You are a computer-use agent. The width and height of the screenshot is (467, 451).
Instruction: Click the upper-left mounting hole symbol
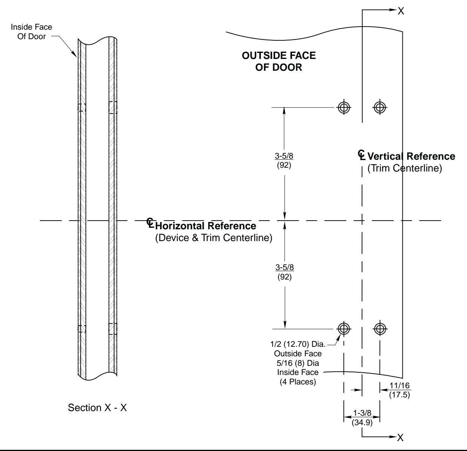click(344, 107)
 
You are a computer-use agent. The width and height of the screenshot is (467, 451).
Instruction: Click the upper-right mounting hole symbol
click(380, 107)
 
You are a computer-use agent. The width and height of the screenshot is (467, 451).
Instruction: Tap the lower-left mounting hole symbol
click(344, 329)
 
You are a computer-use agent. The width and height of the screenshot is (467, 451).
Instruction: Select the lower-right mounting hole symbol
click(380, 329)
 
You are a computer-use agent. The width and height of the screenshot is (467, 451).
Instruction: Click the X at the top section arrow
click(401, 11)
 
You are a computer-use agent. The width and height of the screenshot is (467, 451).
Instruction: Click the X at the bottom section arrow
click(400, 438)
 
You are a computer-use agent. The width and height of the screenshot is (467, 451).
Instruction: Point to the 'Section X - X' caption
click(97, 408)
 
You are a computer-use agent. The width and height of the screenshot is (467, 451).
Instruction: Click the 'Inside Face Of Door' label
click(32, 32)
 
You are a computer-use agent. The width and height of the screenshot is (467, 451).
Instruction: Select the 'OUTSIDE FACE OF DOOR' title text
click(279, 61)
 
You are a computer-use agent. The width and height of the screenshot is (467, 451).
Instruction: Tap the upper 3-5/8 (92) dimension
click(284, 160)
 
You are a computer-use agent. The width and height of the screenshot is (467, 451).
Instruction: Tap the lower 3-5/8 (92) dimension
click(285, 272)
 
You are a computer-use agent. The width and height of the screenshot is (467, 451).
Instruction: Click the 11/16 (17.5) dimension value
click(400, 390)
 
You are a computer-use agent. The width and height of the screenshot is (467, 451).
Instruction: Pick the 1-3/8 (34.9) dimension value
click(362, 418)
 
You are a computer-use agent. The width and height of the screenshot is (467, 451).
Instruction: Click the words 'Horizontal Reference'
click(206, 226)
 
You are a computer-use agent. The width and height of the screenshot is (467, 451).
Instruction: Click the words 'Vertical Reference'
click(411, 156)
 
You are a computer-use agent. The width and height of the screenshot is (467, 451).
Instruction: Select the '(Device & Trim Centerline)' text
click(214, 238)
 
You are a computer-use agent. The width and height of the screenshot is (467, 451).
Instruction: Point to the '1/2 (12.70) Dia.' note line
click(298, 344)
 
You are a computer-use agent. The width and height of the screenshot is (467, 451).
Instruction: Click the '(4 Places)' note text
click(298, 381)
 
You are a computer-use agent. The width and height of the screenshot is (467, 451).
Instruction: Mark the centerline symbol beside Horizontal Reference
click(150, 223)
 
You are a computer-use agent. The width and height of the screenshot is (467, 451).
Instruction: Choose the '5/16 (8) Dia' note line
click(298, 363)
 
